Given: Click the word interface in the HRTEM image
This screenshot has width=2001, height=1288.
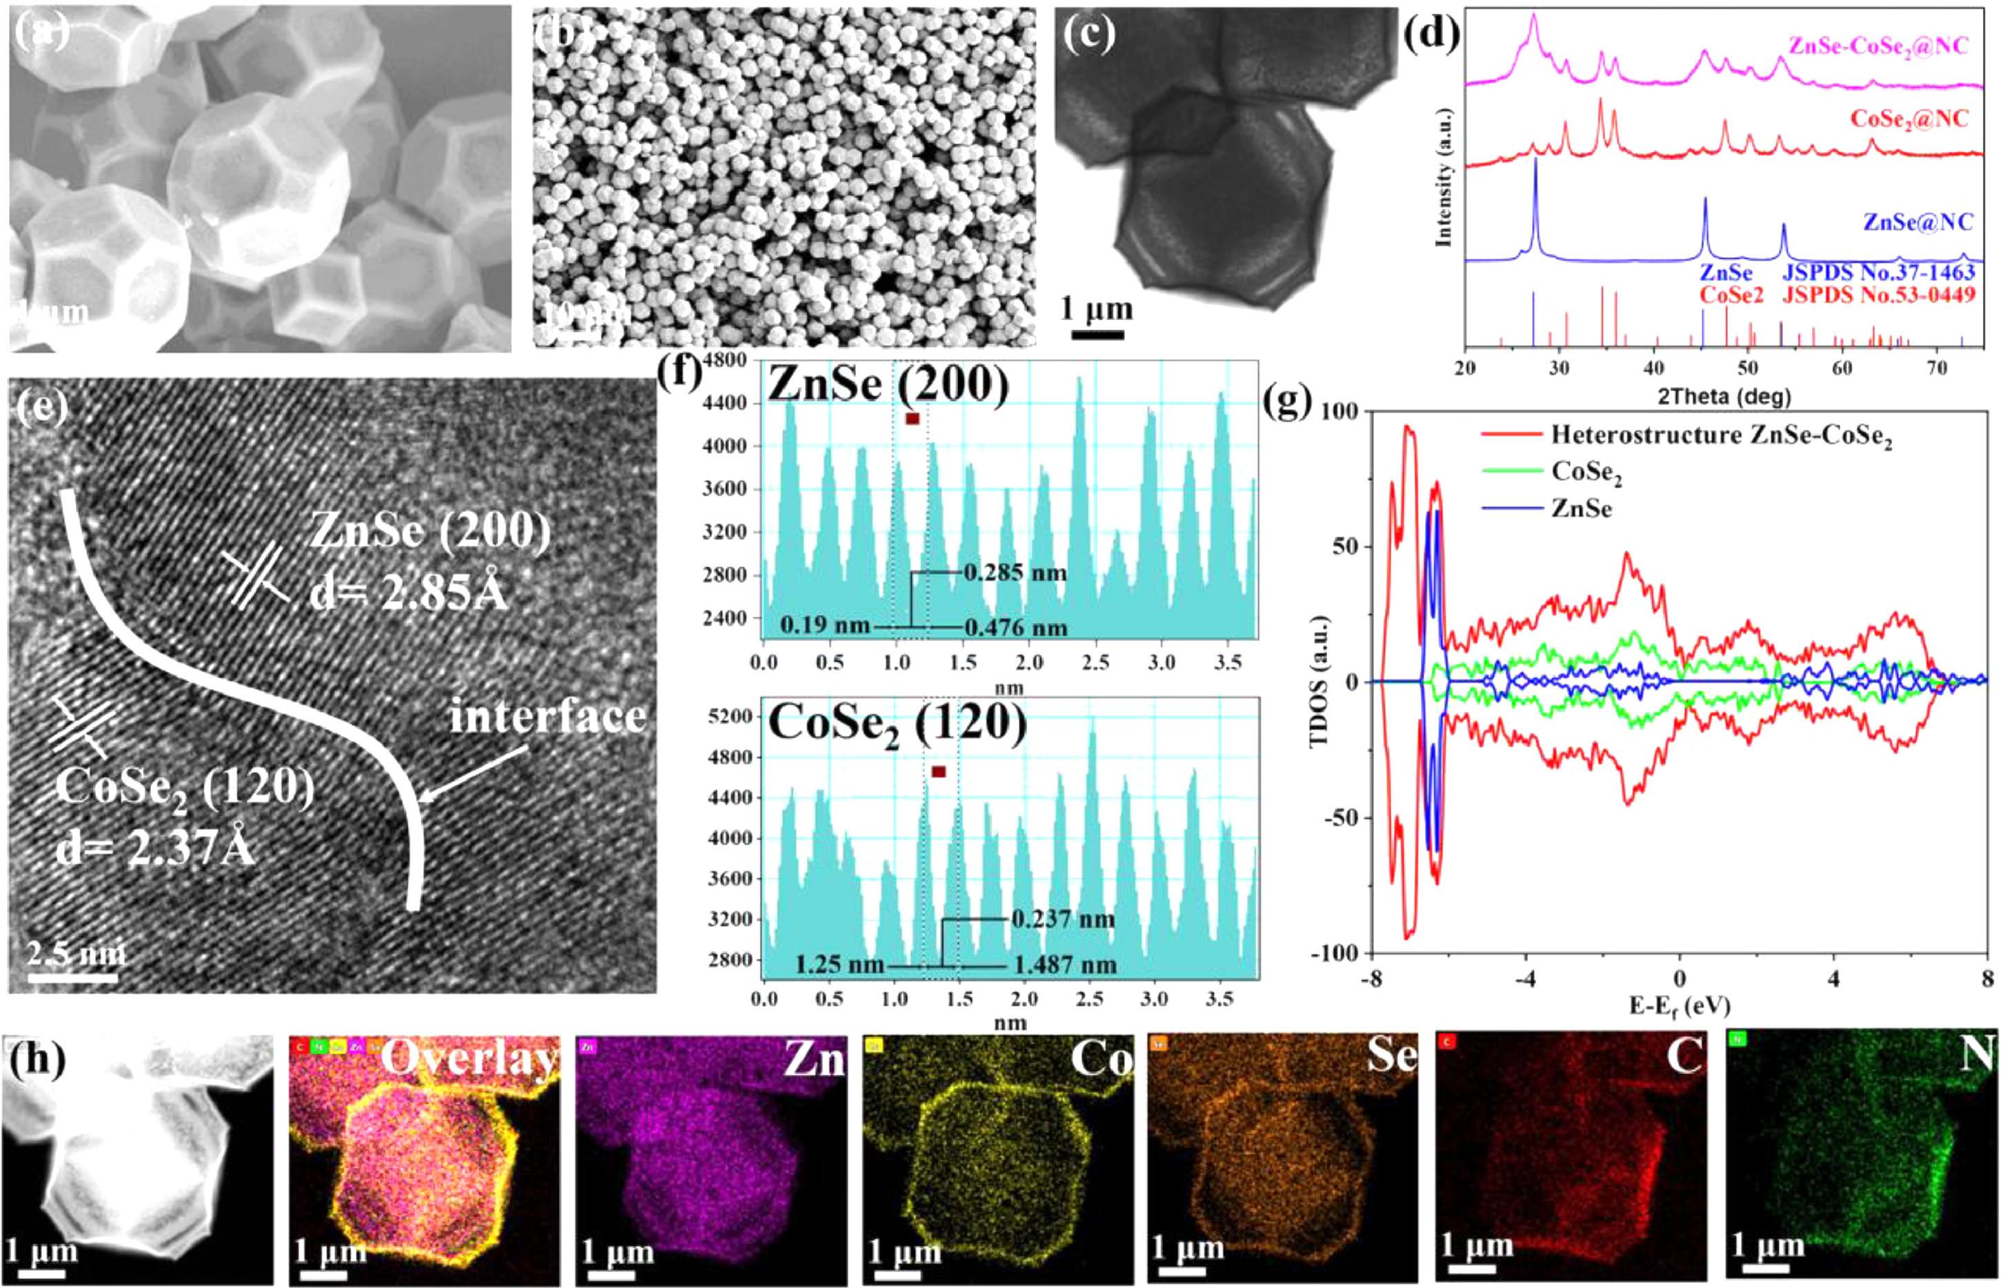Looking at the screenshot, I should (547, 717).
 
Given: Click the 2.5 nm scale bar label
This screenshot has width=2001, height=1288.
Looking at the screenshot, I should (75, 953).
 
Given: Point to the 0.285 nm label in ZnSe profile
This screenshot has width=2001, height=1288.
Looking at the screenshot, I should (1015, 573).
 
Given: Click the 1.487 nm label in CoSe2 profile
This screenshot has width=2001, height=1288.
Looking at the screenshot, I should (1064, 965).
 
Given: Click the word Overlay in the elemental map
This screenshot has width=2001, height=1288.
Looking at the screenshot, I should (469, 1059).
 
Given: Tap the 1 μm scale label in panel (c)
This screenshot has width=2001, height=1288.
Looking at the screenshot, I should (1096, 310).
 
